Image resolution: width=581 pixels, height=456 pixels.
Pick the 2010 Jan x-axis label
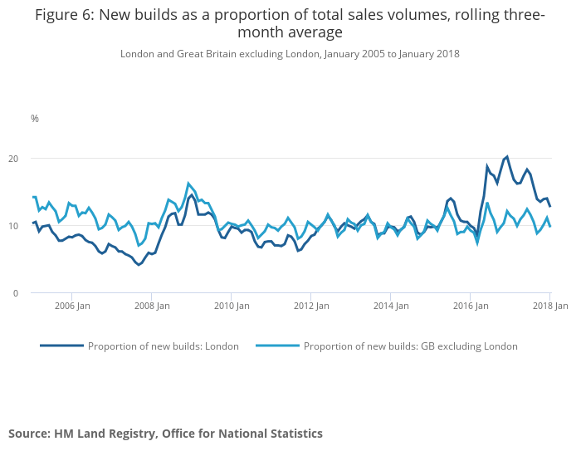(231, 306)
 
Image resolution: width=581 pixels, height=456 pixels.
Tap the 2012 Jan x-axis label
(310, 306)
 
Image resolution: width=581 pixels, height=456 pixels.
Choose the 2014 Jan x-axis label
(390, 306)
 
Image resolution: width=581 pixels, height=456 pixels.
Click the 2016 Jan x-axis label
(470, 306)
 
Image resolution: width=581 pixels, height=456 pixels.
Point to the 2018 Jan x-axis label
(549, 306)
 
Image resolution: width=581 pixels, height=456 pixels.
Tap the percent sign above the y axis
(35, 119)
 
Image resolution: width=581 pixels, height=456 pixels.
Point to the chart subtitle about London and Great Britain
(290, 54)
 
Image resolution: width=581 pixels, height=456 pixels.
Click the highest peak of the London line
(507, 156)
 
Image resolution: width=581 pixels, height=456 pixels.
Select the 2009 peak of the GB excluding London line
(189, 184)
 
